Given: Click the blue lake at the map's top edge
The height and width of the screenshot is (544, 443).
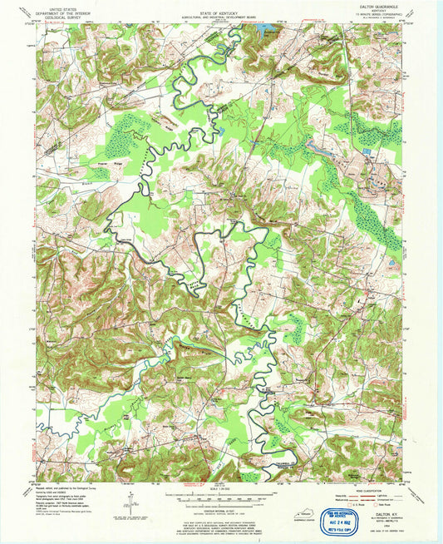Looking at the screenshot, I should (266, 29).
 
